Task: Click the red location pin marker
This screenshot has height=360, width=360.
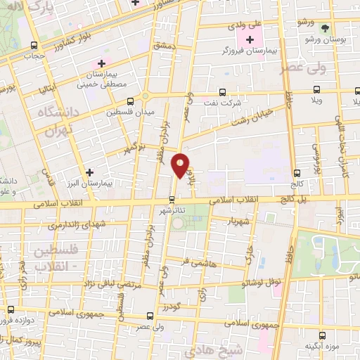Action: point(181,165)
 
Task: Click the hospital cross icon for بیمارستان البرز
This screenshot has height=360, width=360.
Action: point(89,172)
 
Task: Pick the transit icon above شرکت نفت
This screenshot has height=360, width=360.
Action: point(222,92)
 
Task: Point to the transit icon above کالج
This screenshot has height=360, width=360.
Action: point(297,172)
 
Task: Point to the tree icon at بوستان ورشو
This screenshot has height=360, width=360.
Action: point(325,28)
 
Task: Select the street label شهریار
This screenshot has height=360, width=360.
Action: point(239,224)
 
